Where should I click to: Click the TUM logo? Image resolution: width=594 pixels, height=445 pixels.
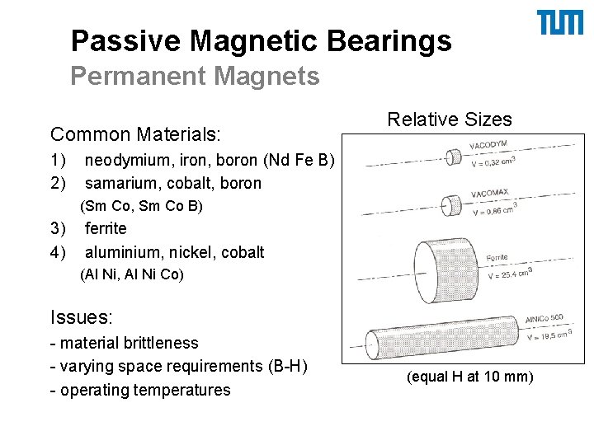point(560,23)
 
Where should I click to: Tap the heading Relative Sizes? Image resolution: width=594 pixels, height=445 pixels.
point(450,119)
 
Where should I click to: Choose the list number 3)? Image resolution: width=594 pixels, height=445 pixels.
point(58,228)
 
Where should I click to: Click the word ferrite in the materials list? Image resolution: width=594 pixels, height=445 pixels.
point(106,228)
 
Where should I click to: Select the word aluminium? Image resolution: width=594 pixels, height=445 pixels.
point(123,252)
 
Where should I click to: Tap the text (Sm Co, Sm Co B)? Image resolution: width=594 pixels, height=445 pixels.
point(141,206)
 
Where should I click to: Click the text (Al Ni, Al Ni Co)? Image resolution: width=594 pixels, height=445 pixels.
point(132,275)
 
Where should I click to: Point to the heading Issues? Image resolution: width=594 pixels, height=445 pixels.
point(82,316)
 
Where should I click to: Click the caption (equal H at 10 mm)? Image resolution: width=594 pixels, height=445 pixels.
point(470,377)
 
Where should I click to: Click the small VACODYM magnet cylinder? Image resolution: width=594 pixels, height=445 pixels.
point(453,156)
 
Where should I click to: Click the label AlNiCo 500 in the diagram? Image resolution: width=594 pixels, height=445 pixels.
point(544,319)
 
